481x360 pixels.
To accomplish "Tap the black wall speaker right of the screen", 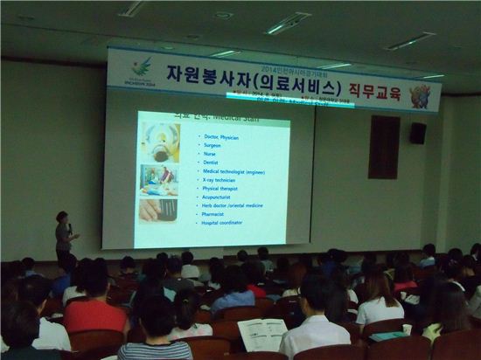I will click(x=418, y=133).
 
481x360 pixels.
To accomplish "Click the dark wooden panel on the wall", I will click(x=383, y=147).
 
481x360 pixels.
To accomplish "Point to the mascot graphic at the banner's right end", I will click(x=422, y=93).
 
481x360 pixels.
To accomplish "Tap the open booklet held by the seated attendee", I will click(x=262, y=334).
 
